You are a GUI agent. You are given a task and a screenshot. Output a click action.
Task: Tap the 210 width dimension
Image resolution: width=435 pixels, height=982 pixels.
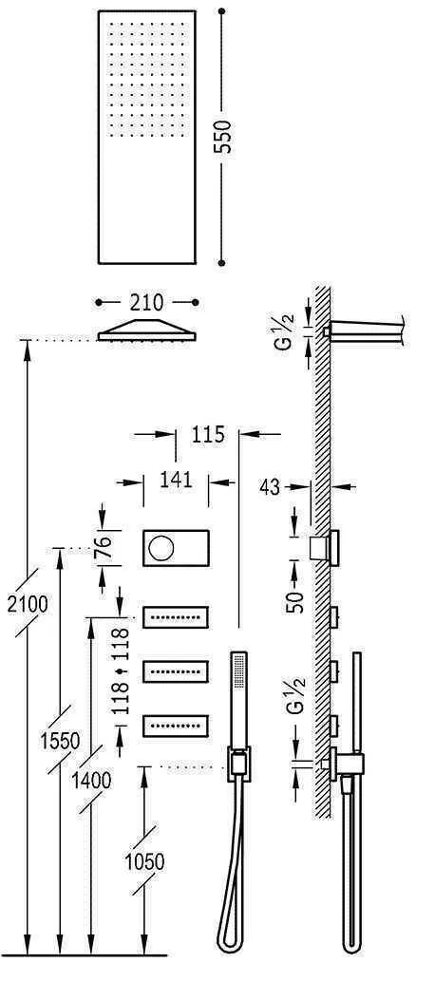(x=147, y=302)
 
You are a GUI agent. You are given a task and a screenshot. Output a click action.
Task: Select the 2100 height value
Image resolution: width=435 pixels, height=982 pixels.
(x=23, y=604)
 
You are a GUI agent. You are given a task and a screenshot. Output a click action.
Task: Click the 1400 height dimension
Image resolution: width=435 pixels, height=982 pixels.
(x=91, y=780)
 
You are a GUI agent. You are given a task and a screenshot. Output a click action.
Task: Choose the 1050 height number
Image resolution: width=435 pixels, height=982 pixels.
(x=143, y=861)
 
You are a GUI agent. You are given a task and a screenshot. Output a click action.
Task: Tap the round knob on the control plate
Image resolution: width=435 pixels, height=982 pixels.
(x=161, y=547)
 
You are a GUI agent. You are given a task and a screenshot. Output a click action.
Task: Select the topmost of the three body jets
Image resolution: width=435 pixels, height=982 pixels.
(x=177, y=617)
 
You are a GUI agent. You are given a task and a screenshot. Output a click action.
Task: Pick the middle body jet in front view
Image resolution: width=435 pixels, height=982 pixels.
(x=177, y=671)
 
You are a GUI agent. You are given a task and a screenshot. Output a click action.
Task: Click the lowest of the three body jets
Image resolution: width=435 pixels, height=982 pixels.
(x=177, y=726)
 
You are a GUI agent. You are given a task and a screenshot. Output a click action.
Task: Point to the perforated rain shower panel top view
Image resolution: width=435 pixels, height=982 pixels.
(x=147, y=137)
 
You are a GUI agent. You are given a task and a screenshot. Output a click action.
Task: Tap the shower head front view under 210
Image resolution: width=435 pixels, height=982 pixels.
(x=147, y=330)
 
